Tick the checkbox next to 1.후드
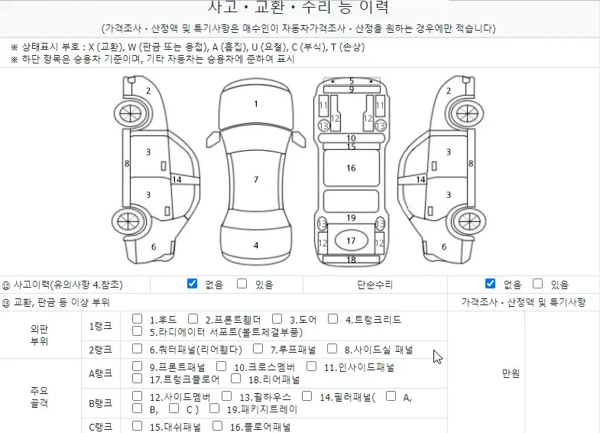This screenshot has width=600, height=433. point(137,318)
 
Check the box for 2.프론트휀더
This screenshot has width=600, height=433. point(193,318)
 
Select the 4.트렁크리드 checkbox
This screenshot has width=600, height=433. point(333,318)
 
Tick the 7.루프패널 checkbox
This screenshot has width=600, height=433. point(258,348)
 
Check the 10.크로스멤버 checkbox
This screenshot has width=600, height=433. point(221,366)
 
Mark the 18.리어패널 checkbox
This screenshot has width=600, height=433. point(235,378)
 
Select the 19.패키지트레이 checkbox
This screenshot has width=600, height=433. point(214,408)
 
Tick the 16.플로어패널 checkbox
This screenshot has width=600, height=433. point(217,425)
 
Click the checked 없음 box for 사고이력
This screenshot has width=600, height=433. point(192,283)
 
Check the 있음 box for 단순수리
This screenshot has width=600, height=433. point(537,283)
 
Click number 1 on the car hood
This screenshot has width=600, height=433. point(256,104)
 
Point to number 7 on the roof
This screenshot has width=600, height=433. point(256,179)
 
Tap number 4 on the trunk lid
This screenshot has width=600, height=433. point(256,246)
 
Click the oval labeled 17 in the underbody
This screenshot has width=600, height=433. point(351,240)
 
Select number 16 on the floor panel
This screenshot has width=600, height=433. point(351,168)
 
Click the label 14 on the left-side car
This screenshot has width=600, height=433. point(177,180)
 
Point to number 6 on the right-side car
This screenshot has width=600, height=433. point(444,246)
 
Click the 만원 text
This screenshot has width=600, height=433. point(511,373)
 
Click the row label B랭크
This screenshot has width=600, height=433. point(100,403)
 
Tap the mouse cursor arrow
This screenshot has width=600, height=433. point(437,356)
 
